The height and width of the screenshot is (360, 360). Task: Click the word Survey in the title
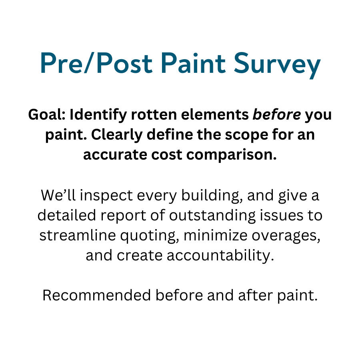point(277,64)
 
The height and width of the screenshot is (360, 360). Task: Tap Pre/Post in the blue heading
point(96,63)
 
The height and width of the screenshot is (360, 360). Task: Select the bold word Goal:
point(47,114)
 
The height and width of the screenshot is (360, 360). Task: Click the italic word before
point(277,114)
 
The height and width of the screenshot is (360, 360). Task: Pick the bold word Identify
point(98,115)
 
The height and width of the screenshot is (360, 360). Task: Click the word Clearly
point(117,135)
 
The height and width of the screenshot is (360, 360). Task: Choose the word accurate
point(115,155)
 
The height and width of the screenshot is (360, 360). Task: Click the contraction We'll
point(58,195)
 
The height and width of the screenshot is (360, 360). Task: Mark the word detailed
point(66,215)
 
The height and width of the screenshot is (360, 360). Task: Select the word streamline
point(78,236)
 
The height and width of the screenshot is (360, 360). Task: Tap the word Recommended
point(96,295)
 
